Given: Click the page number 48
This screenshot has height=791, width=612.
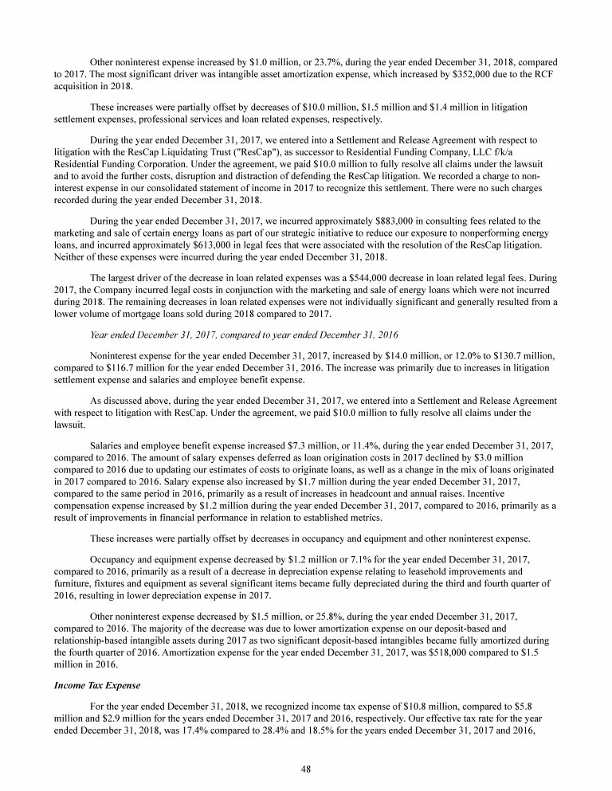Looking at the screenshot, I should [305, 768].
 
